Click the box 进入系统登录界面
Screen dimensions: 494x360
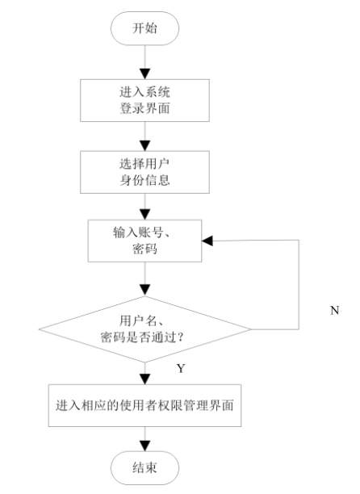(146, 100)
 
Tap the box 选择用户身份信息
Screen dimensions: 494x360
(146, 170)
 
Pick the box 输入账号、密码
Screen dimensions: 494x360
(146, 240)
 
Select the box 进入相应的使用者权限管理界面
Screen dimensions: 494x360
(146, 404)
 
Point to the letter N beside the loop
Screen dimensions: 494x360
(334, 310)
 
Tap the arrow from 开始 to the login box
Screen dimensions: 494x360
(146, 62)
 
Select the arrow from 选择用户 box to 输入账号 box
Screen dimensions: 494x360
(146, 204)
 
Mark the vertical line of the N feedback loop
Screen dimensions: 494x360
(299, 283)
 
